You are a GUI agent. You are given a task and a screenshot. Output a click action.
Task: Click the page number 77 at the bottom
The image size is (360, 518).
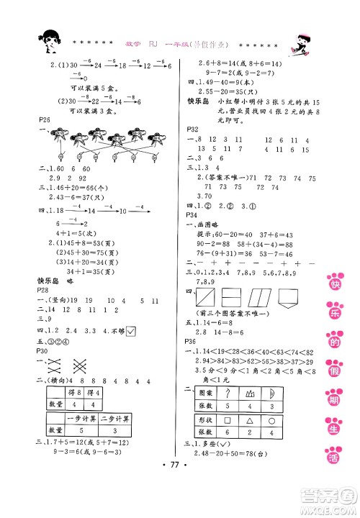[x=179, y=496]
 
